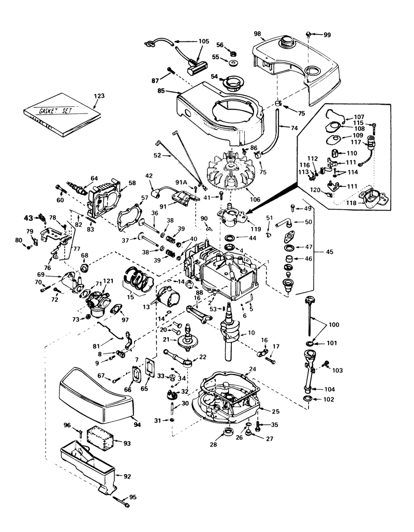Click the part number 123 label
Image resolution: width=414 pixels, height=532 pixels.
pyautogui.click(x=99, y=96)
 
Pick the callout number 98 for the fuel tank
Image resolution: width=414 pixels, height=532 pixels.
pyautogui.click(x=257, y=34)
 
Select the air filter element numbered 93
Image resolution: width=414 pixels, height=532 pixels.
pyautogui.click(x=100, y=438)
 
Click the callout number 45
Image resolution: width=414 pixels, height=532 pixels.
pyautogui.click(x=329, y=252)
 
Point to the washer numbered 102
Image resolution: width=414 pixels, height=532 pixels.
pyautogui.click(x=307, y=398)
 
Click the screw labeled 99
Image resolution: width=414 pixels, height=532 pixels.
pyautogui.click(x=309, y=34)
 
